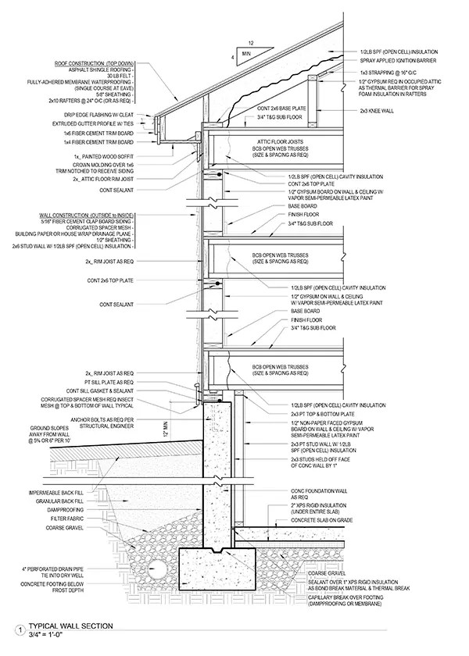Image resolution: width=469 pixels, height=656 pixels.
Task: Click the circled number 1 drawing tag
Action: click(17, 629)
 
